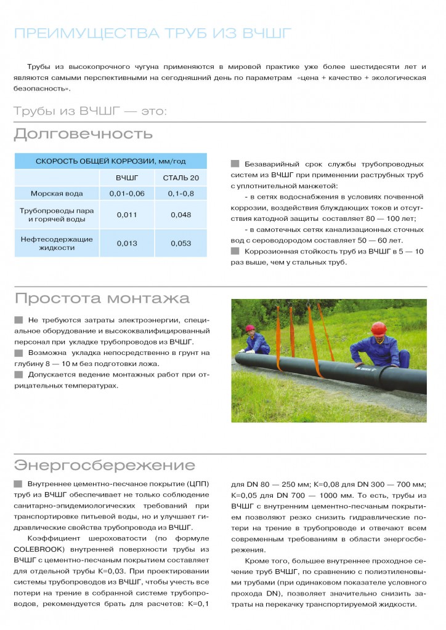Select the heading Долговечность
(x=83, y=134)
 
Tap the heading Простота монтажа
(x=102, y=299)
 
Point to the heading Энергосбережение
(x=104, y=465)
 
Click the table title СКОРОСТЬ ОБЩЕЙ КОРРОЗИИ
(x=111, y=161)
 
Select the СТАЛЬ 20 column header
(x=181, y=178)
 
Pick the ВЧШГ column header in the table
(x=127, y=178)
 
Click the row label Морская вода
(x=57, y=194)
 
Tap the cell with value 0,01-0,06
(x=127, y=194)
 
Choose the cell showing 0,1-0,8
(x=181, y=194)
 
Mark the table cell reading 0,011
(x=127, y=215)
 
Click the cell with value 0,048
(x=181, y=215)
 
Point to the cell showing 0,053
(x=181, y=243)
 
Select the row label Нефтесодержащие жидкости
(x=57, y=243)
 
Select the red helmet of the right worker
(x=379, y=327)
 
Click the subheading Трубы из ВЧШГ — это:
(x=90, y=111)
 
